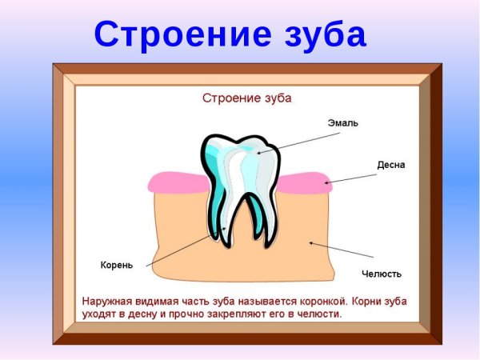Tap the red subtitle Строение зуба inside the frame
(246, 99)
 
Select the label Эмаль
(343, 124)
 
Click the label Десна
(392, 165)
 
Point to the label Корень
(116, 264)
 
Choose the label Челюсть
(382, 274)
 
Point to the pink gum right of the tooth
(304, 182)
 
